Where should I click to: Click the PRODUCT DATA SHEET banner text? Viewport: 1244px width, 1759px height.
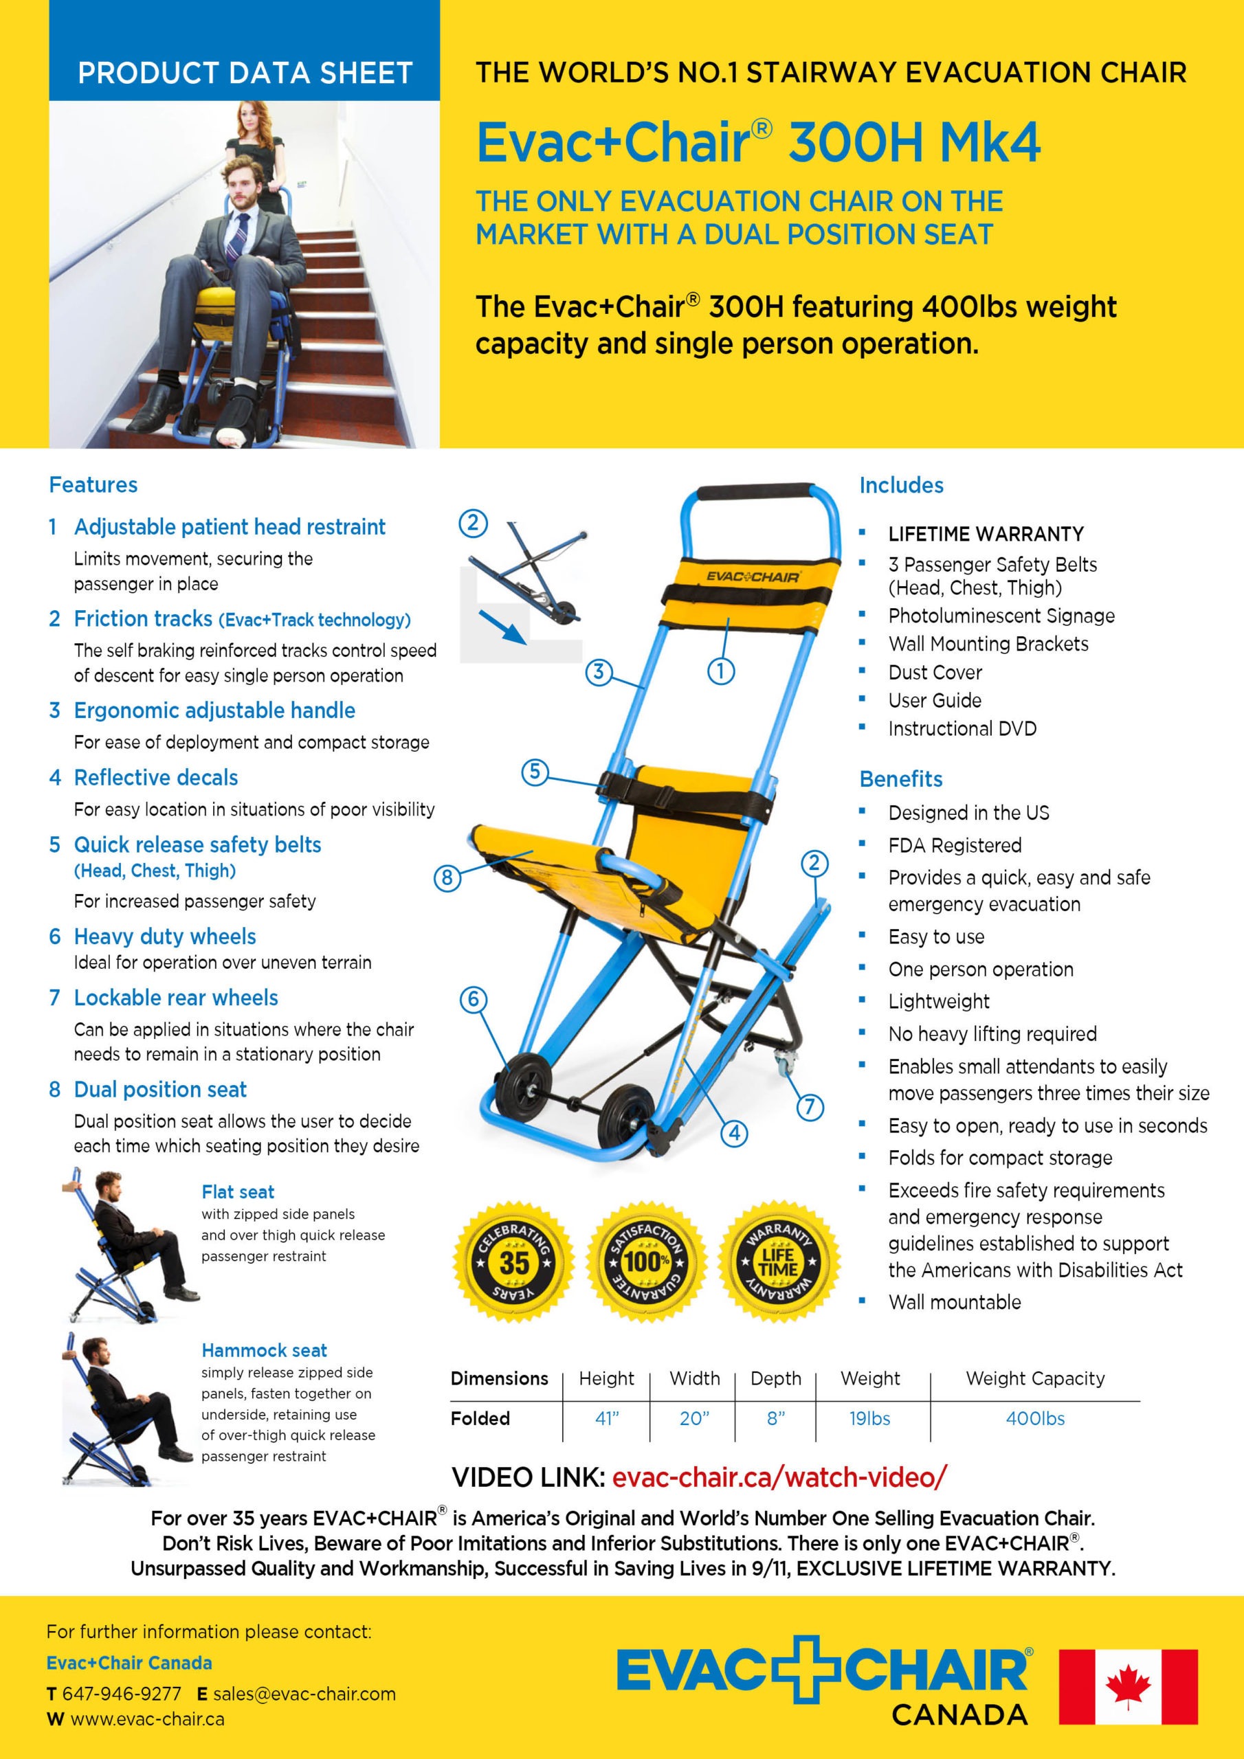[x=245, y=73]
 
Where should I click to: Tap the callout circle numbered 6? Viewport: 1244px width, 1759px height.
[x=473, y=999]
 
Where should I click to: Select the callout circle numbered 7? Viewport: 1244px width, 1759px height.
[x=810, y=1107]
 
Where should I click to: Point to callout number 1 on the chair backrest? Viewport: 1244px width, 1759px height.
[x=720, y=671]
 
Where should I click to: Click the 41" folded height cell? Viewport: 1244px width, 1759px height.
[x=606, y=1419]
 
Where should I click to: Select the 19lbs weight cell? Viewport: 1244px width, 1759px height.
[x=869, y=1419]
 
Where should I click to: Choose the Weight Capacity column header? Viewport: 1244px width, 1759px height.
[x=1035, y=1378]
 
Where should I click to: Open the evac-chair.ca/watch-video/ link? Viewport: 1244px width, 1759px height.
[x=779, y=1477]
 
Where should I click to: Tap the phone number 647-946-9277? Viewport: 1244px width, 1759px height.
[x=122, y=1694]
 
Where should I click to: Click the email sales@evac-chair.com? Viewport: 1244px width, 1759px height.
[x=304, y=1694]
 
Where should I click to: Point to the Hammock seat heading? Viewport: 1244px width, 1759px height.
[x=264, y=1350]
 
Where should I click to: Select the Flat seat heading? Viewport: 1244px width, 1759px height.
[x=238, y=1191]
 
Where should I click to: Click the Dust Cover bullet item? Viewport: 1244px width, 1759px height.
[x=934, y=673]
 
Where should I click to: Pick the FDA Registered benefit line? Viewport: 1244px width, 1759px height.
[x=954, y=845]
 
